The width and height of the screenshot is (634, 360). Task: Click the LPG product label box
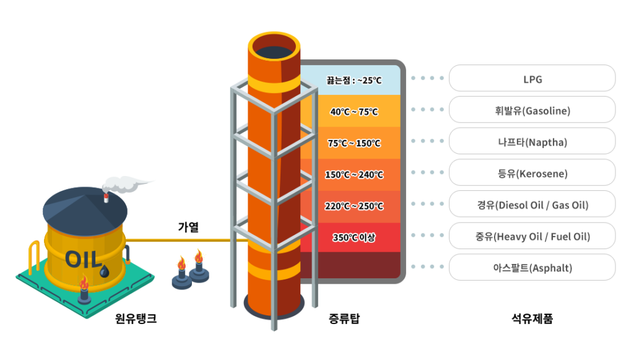pyautogui.click(x=532, y=79)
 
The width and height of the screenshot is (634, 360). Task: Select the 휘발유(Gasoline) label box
pyautogui.click(x=532, y=110)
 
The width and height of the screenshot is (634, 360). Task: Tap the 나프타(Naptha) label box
pyautogui.click(x=532, y=142)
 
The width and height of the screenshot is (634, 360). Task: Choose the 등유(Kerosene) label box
pyautogui.click(x=532, y=173)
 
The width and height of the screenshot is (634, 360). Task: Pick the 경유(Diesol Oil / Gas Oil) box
pyautogui.click(x=532, y=205)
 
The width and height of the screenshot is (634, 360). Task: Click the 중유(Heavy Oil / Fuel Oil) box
pyautogui.click(x=532, y=236)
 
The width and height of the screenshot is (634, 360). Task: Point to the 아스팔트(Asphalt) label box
pyautogui.click(x=532, y=268)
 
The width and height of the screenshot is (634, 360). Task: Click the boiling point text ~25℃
pyautogui.click(x=354, y=80)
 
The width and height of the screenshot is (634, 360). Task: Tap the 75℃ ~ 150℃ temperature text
pyautogui.click(x=354, y=143)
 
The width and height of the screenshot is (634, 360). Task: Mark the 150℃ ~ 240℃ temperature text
pyautogui.click(x=354, y=175)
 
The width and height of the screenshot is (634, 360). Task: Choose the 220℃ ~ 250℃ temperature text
pyautogui.click(x=354, y=206)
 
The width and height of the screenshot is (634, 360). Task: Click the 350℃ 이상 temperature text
pyautogui.click(x=354, y=237)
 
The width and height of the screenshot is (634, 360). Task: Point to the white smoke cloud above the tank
pyautogui.click(x=124, y=183)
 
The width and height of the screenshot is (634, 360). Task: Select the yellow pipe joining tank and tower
pyautogui.click(x=180, y=240)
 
